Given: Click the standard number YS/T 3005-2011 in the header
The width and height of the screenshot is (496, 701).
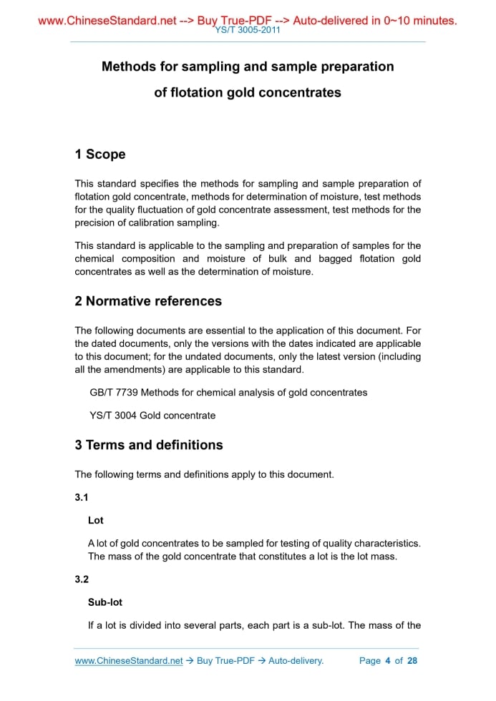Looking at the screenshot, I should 248,31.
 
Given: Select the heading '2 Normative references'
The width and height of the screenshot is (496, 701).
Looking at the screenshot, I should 148,301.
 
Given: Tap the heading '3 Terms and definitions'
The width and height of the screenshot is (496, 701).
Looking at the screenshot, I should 149,445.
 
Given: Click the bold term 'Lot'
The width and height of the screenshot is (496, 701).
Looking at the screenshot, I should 96,521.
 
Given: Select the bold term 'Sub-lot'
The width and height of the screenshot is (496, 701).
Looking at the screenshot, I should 105,602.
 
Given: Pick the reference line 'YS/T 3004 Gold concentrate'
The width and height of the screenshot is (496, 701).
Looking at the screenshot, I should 152,415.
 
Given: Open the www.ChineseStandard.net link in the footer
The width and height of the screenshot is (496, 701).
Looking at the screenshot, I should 129,660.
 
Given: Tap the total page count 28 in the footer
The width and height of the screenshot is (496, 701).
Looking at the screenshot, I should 412,660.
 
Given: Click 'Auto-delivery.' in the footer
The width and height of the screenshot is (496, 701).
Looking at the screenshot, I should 296,660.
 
